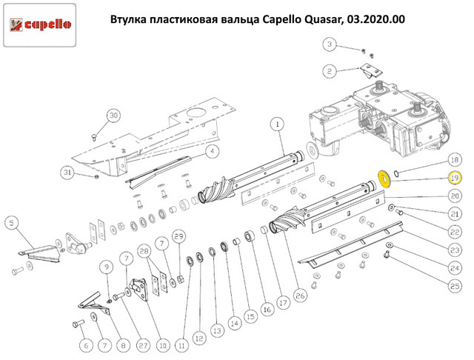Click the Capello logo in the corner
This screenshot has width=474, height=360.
pos(39,24)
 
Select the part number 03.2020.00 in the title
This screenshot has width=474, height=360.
pos(376,20)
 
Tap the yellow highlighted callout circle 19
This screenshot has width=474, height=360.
pos(454,178)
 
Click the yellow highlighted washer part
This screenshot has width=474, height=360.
pos(384,179)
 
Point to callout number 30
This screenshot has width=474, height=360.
pos(113,116)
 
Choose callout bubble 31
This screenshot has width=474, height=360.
pos(67,173)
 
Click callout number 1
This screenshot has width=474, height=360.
pos(278,124)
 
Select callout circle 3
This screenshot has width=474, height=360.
pos(330,44)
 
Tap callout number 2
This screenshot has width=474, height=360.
pos(329,71)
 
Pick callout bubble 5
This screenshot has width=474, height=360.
pos(12,223)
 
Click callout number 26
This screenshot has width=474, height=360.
pos(300,296)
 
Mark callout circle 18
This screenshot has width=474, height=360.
pos(455,160)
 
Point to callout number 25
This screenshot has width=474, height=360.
pos(455,286)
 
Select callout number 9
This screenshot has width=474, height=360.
pos(107,267)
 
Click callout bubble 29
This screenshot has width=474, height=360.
pos(179,236)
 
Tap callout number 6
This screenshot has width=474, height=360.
pos(86,345)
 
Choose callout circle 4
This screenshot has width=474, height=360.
pos(213,151)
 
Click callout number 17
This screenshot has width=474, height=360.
pos(283,302)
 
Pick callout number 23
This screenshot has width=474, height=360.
pos(455,250)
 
